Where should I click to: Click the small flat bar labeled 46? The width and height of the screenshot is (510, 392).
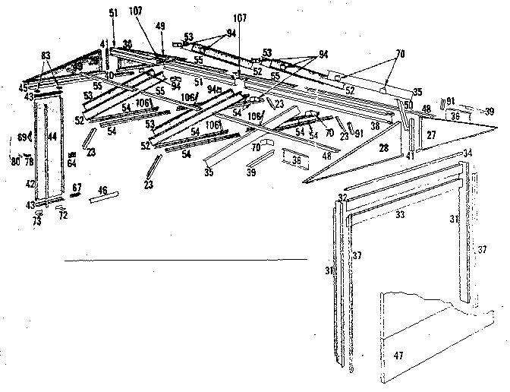pyautogui.click(x=105, y=198)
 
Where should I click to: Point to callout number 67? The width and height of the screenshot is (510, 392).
pyautogui.click(x=77, y=186)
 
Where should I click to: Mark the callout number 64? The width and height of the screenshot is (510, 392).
pyautogui.click(x=71, y=163)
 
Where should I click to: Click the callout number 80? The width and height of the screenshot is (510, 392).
pyautogui.click(x=15, y=160)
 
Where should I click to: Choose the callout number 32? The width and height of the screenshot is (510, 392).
pyautogui.click(x=342, y=197)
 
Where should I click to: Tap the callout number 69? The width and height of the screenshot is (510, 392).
pyautogui.click(x=22, y=137)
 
